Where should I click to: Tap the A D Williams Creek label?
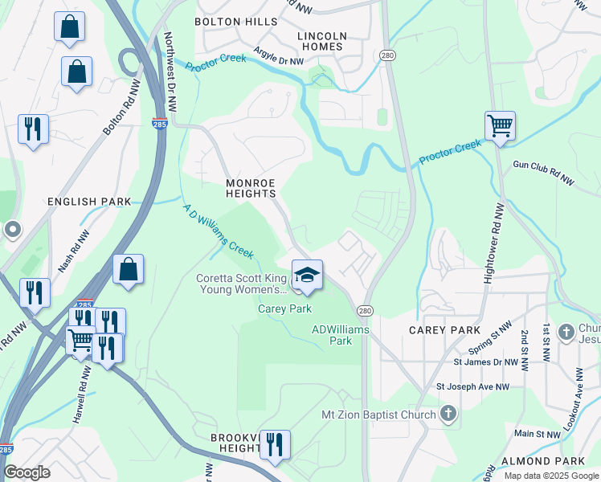(218, 232)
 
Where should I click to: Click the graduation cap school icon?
(307, 275)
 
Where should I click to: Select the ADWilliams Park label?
(332, 335)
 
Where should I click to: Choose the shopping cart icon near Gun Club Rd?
(500, 126)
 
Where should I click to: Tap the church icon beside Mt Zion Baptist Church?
(448, 415)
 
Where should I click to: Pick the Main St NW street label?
(537, 434)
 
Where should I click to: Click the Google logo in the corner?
(27, 472)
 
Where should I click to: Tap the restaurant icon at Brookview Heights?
(275, 444)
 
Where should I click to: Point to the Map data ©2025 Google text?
(550, 476)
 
